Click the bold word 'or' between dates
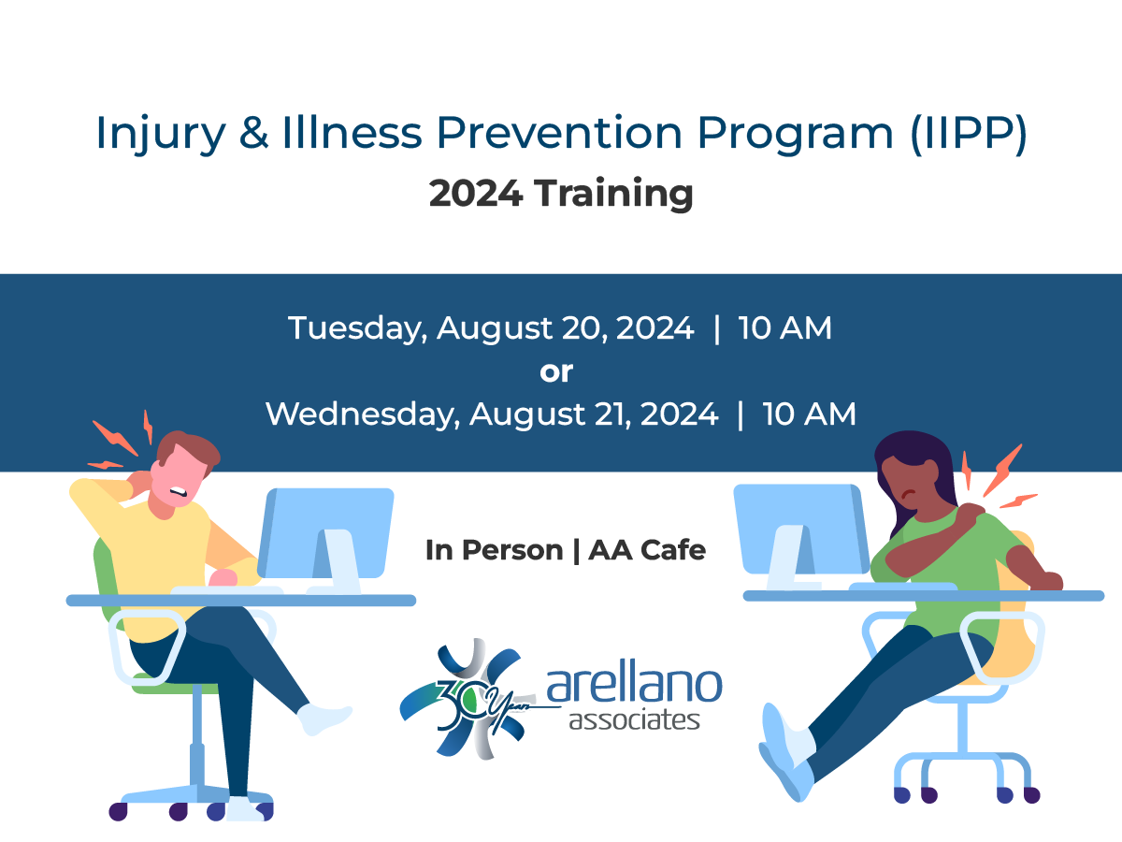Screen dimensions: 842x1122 point(556,371)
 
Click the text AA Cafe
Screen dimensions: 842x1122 point(647,550)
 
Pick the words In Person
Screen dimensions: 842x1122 point(493,550)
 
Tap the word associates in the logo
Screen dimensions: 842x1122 point(634,721)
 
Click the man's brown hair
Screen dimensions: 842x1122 point(192,449)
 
